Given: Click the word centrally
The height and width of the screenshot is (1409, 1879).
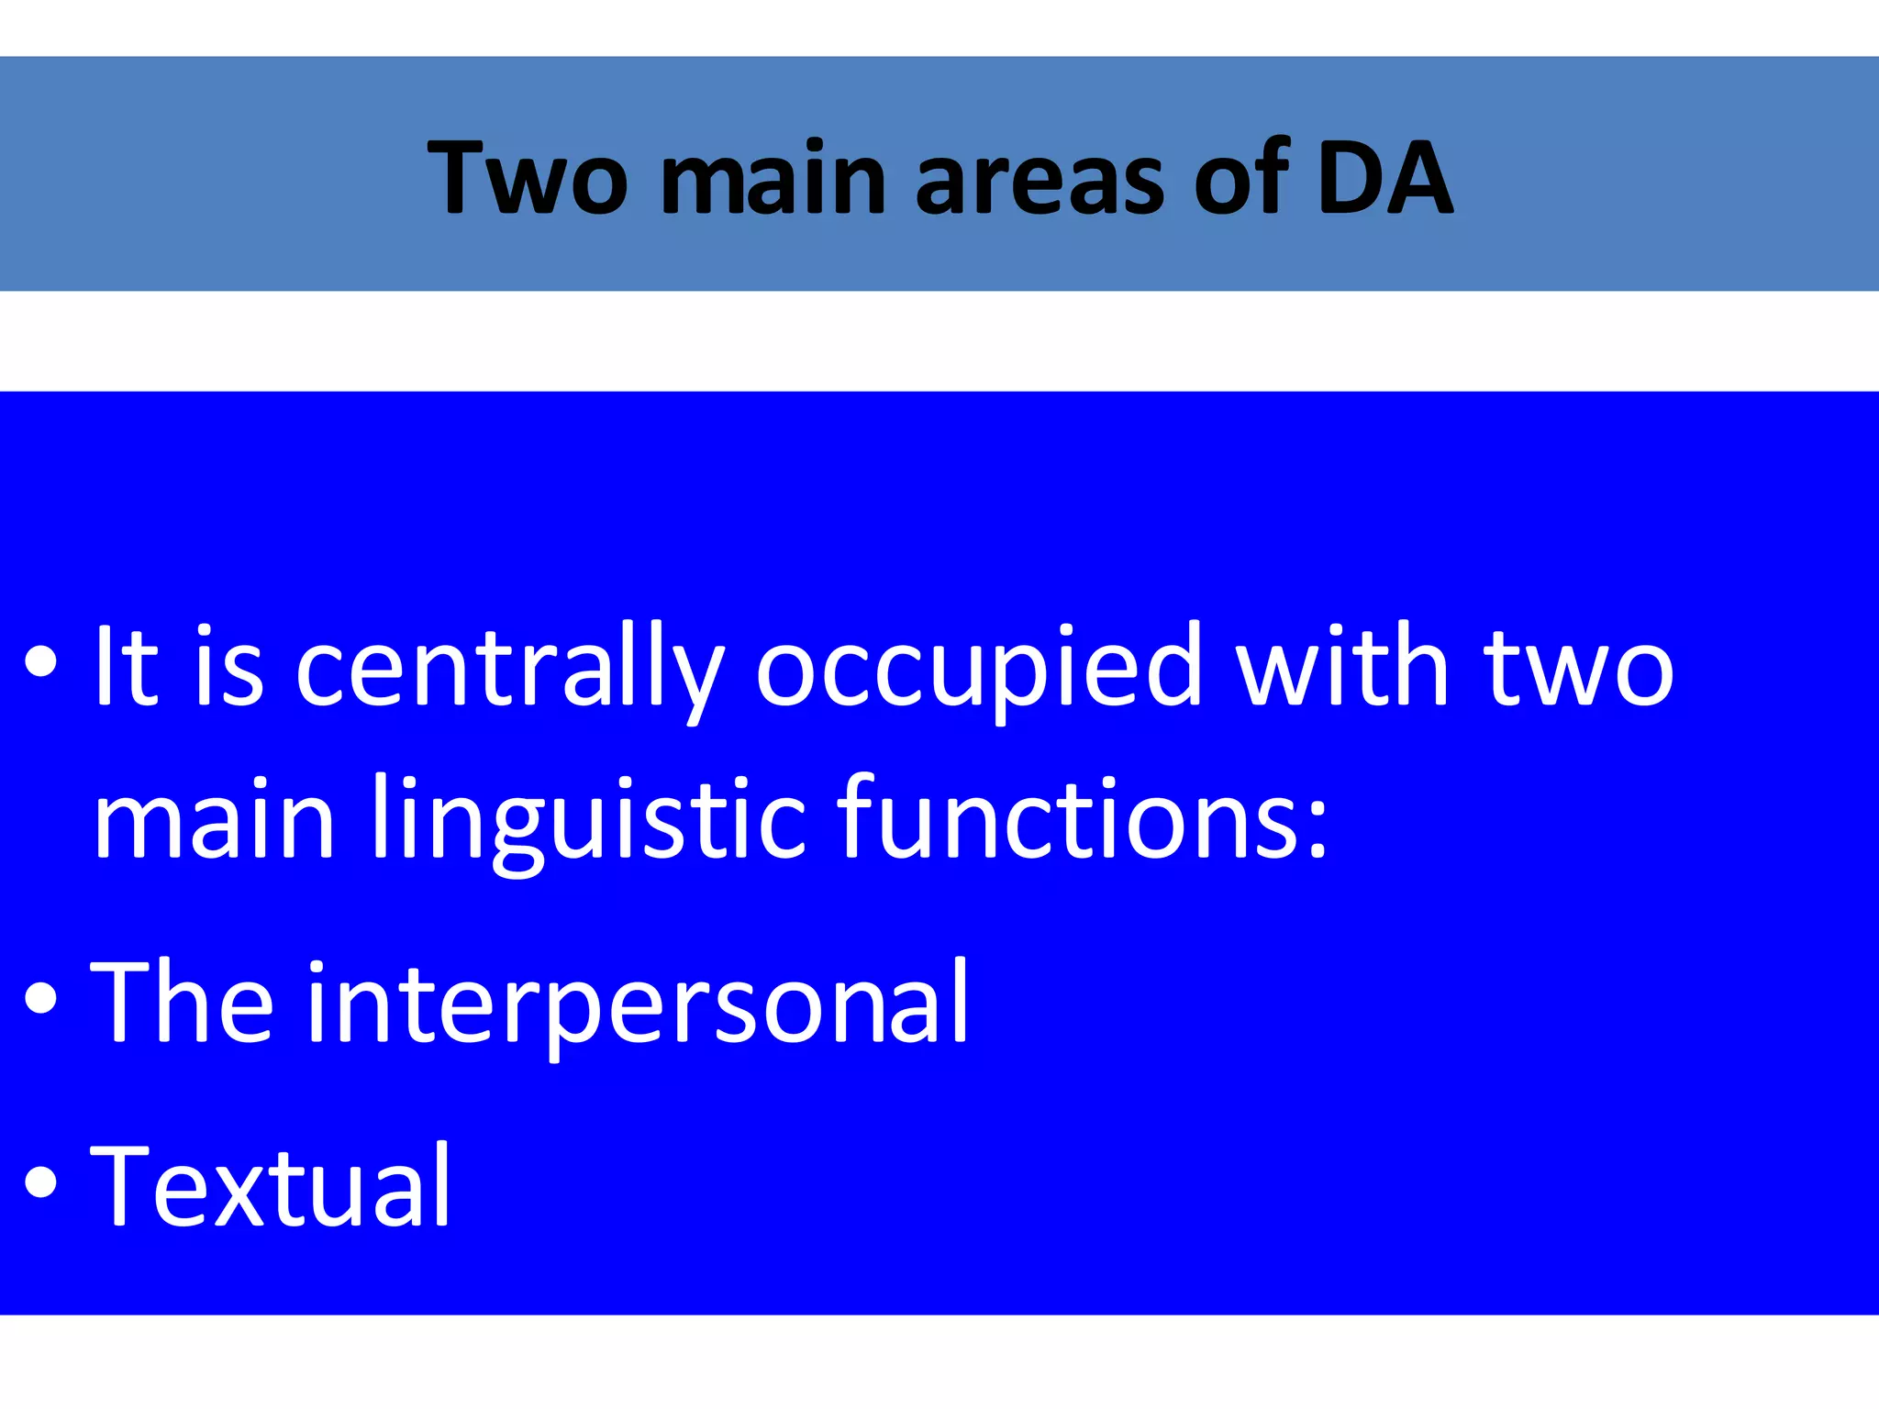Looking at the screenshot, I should tap(509, 668).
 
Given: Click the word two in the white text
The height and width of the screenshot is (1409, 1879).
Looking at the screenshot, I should tap(1580, 668).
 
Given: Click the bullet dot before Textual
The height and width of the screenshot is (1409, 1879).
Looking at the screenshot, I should tap(41, 1183).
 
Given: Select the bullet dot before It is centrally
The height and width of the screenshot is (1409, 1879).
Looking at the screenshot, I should tap(41, 662).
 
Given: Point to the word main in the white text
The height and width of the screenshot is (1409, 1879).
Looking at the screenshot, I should tap(214, 818).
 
